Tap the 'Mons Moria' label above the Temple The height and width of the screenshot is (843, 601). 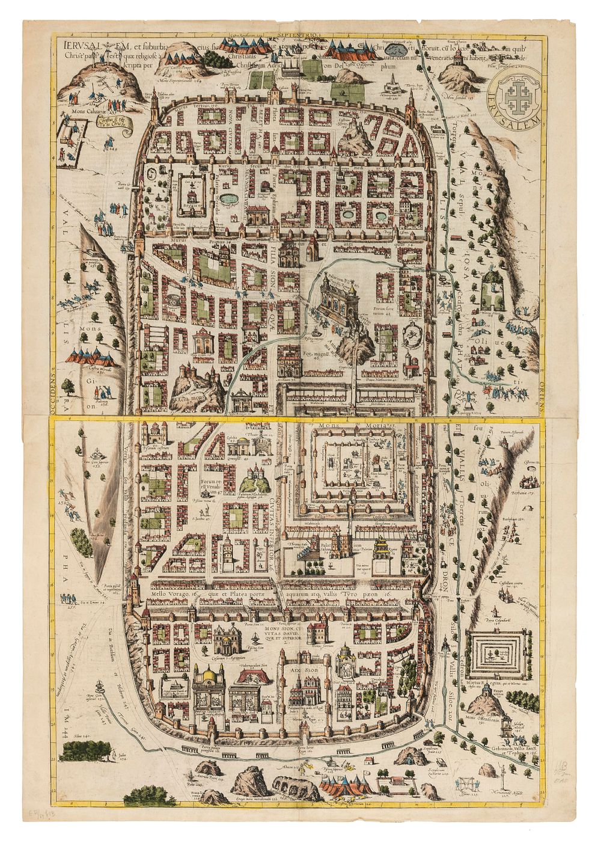pyautogui.click(x=358, y=425)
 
